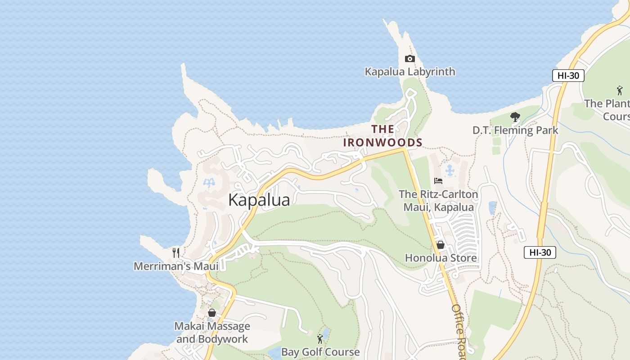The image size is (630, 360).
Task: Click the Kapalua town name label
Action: [259, 200]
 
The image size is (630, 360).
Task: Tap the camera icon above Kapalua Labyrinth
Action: [409, 58]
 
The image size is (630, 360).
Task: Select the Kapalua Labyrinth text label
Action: [409, 72]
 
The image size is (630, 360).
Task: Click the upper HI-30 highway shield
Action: [568, 76]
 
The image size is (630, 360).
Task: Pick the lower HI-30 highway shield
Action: [540, 252]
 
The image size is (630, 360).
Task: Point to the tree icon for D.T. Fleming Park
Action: [515, 117]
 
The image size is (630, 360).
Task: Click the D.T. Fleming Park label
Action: [515, 130]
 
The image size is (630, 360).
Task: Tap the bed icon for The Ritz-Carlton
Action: [438, 181]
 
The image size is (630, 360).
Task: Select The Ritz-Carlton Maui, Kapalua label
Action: [438, 201]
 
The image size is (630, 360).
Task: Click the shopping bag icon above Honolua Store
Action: [441, 245]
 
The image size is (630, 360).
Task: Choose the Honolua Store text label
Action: [441, 258]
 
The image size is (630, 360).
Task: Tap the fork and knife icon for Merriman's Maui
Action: [176, 253]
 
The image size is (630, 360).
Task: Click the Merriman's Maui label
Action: [176, 266]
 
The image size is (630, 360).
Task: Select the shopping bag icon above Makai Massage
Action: [212, 312]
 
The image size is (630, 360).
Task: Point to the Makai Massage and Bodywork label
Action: [212, 333]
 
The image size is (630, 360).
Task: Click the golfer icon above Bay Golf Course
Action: [320, 338]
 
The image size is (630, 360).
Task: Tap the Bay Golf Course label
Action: [320, 352]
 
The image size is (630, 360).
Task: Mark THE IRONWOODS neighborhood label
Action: [382, 136]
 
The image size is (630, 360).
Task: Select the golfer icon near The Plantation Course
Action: [620, 90]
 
